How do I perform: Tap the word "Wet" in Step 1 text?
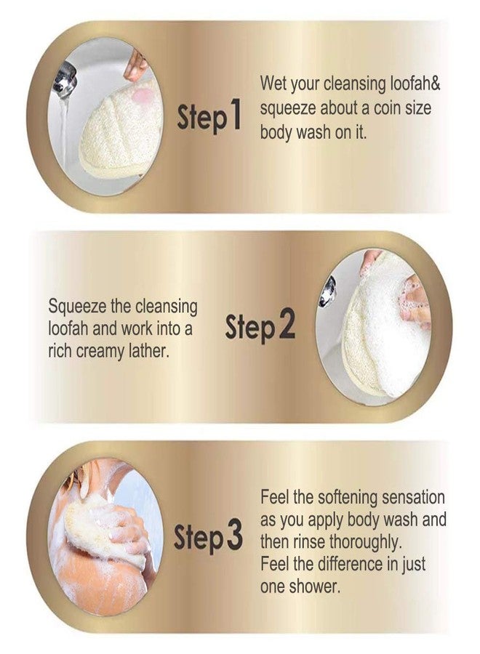click(274, 84)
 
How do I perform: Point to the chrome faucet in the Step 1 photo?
click(67, 75)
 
